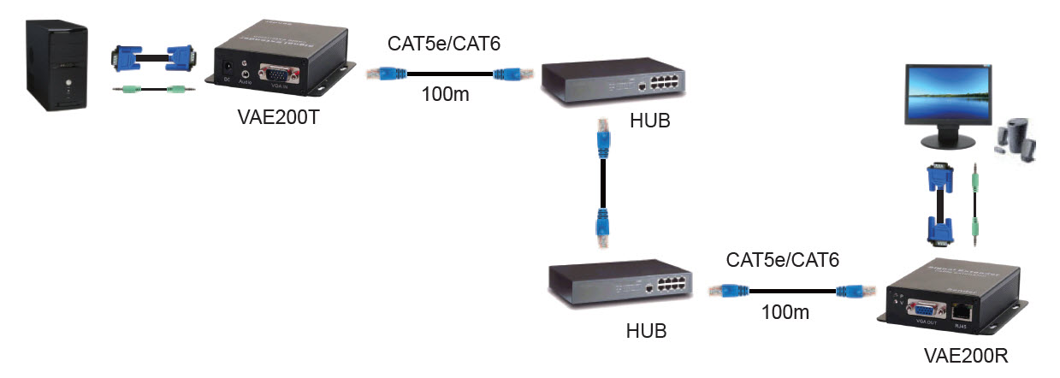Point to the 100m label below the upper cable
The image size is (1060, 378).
(x=445, y=94)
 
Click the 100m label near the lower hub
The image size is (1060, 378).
(x=785, y=312)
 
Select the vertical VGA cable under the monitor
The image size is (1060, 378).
(x=939, y=205)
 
